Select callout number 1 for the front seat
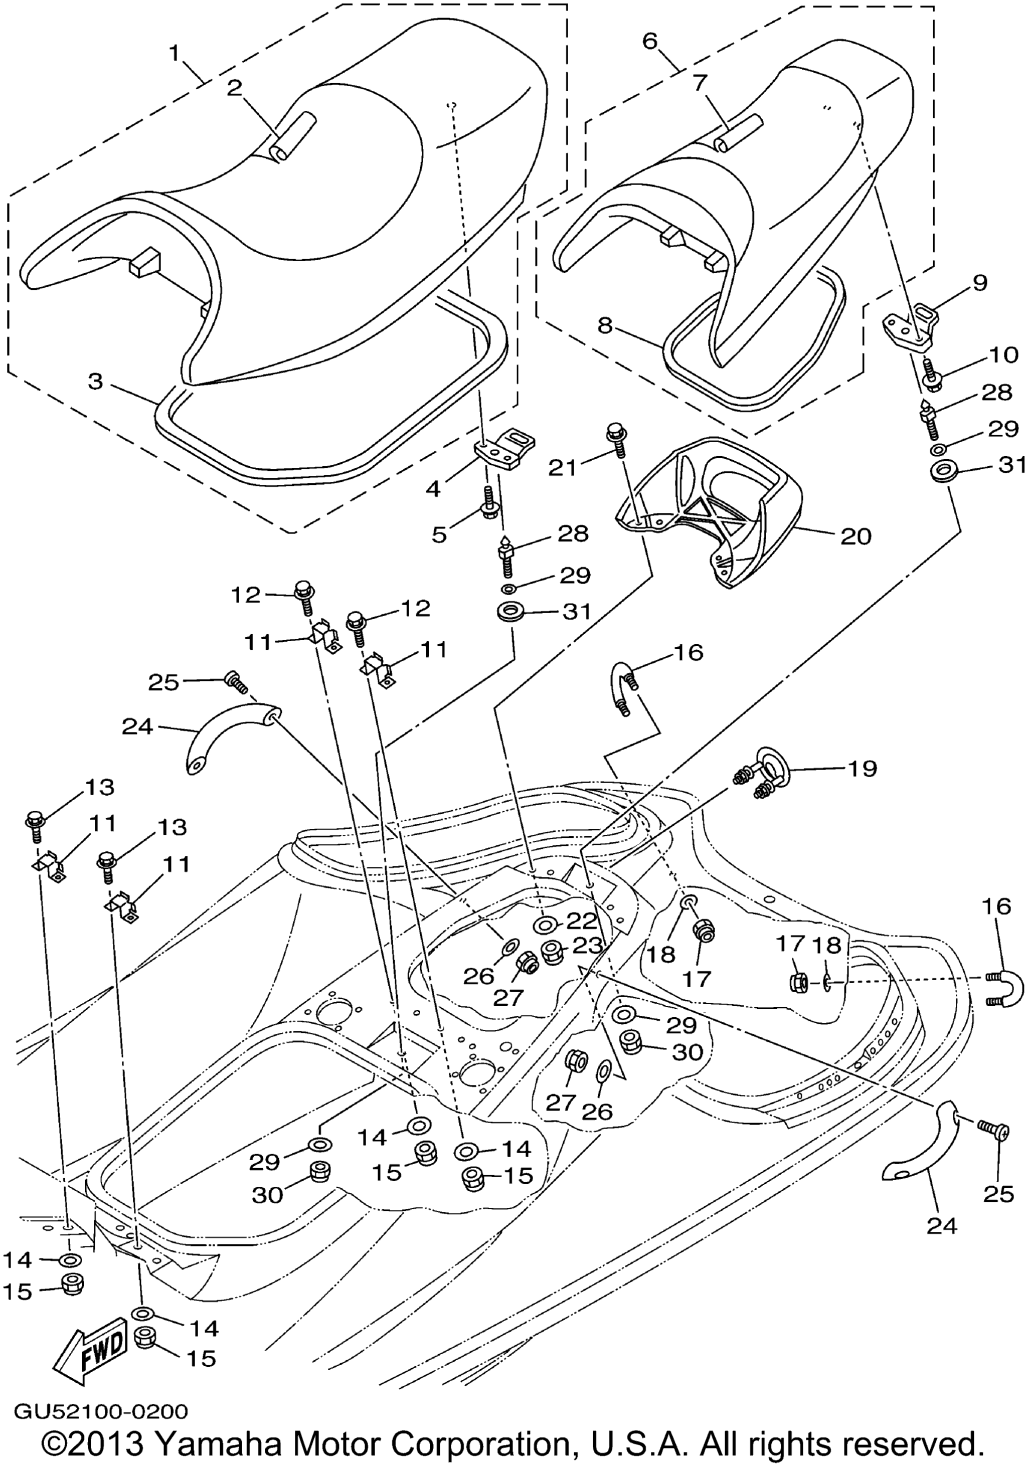tap(174, 54)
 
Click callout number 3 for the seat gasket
tap(95, 382)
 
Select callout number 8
tap(605, 326)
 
